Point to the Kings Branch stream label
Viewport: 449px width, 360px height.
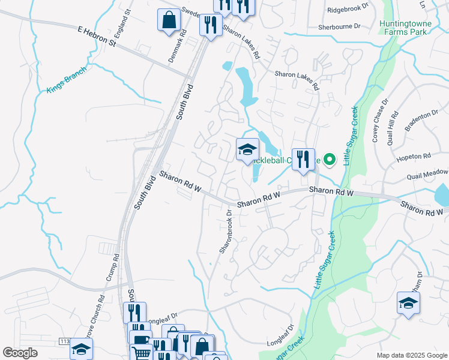coord(66,79)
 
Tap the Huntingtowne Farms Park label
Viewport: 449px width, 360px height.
coord(404,26)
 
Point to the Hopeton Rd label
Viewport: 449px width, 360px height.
coord(414,157)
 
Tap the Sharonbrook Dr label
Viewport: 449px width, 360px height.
coord(226,232)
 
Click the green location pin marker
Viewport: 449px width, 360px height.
coord(329,160)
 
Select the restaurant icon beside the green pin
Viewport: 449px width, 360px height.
coord(303,160)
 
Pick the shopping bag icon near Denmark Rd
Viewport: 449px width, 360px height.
coord(169,20)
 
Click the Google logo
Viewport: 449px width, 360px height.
coord(20,353)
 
